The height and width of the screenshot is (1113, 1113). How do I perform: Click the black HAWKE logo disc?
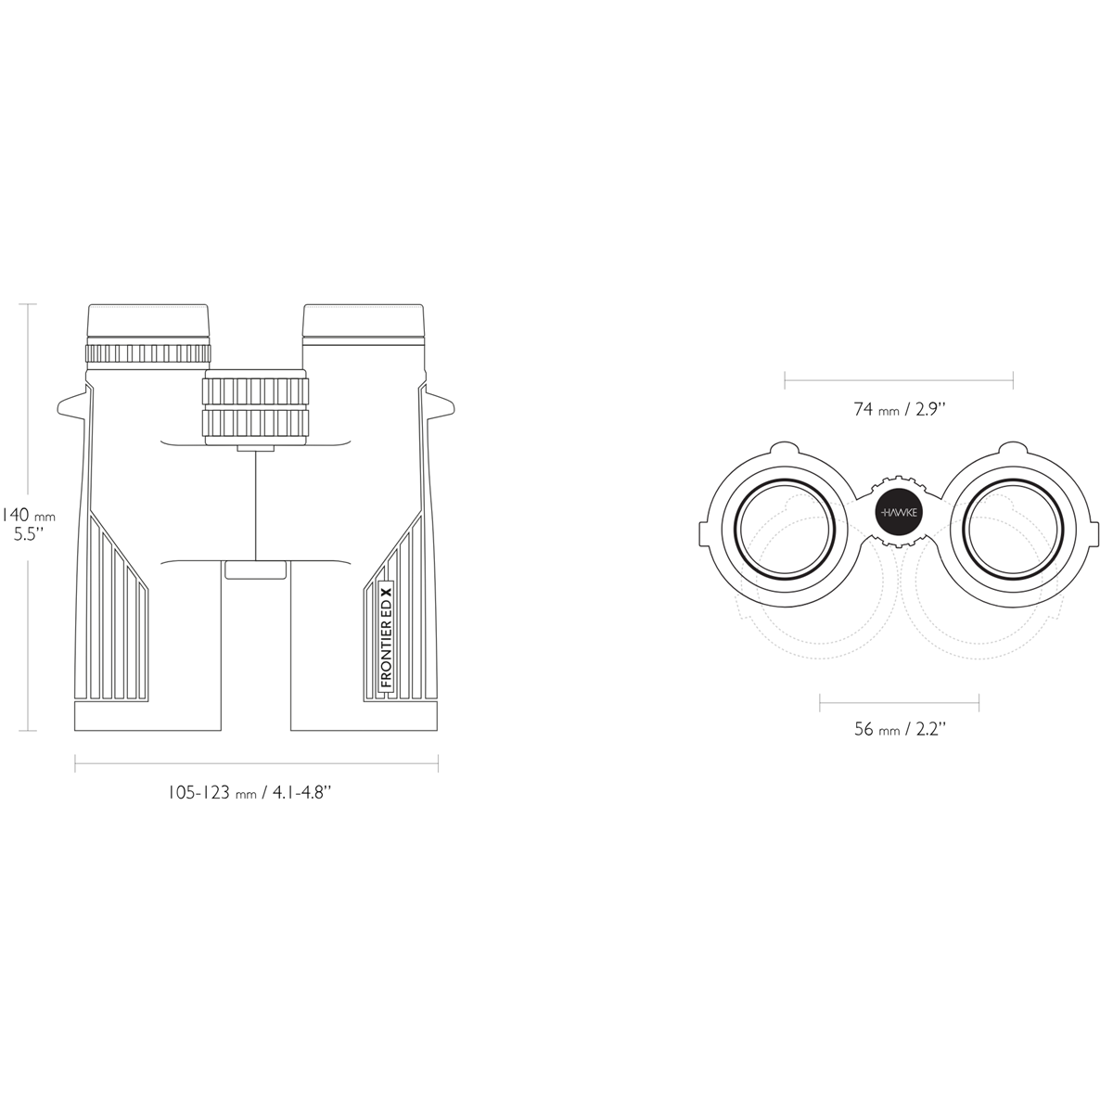coord(899,512)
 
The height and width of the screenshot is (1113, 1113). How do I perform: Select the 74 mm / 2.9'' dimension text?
coord(900,410)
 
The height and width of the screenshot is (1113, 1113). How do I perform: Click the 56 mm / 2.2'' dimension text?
coord(900,729)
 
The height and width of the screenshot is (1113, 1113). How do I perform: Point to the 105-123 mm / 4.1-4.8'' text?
coord(249,792)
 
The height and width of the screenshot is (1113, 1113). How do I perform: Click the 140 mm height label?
coord(28,515)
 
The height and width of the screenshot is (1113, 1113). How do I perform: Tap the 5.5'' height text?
coord(29,534)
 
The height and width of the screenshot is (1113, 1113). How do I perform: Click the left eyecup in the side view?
coord(147,321)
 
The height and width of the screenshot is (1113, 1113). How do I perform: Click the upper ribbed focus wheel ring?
coord(255,391)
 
